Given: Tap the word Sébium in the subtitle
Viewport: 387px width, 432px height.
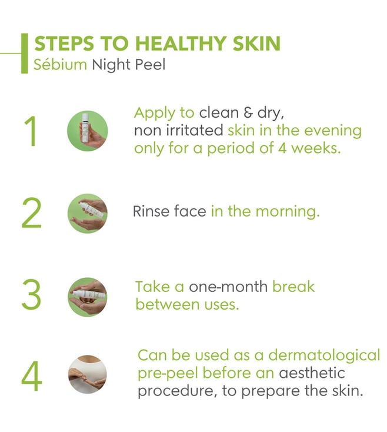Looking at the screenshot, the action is coord(60,65).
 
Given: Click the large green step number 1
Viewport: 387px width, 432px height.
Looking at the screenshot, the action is coord(31,131).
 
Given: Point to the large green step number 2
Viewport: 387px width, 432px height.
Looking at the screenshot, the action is coord(31,213).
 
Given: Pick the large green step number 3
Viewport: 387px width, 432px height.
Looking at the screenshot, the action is coord(31,294).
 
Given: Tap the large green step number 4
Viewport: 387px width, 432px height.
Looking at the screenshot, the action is coord(32,376).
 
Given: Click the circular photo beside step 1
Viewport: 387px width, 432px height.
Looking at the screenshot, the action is coord(88,131).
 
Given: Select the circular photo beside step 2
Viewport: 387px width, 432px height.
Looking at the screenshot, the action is coord(88,213).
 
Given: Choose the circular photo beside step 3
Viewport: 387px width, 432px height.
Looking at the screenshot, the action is coord(88,297).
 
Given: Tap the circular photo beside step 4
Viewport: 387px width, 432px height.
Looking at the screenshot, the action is coord(88,374).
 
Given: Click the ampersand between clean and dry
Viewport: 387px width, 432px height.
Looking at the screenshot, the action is coord(248,113).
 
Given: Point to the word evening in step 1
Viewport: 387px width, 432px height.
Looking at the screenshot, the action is coord(332,131).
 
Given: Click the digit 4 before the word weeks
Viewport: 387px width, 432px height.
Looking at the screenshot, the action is coord(282,148).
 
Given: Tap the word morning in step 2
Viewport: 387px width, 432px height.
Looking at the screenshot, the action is coord(288,212).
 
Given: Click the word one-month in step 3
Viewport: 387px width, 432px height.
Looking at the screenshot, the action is coord(228,287).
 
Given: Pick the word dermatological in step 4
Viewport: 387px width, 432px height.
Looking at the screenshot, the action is coord(324,355).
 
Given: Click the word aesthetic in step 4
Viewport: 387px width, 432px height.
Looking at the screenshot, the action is coord(312,373).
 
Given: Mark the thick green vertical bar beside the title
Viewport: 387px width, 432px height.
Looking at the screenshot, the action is coord(25,54).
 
